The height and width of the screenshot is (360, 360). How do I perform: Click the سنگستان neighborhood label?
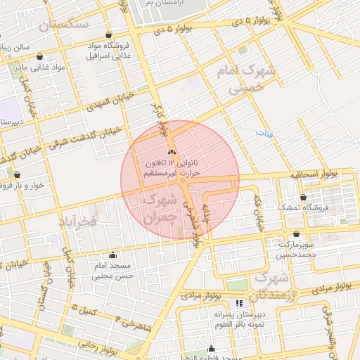pos(64,25)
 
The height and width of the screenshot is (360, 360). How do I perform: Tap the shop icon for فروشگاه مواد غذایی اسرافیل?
pos(108,34)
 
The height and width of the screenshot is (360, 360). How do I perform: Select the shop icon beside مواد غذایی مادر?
pos(41,56)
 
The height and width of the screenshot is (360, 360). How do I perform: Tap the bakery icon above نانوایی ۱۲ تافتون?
pos(171,152)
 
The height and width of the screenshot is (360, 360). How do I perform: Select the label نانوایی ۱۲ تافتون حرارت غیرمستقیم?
pos(172,167)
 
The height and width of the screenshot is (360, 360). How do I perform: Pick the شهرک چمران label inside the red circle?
pos(158,209)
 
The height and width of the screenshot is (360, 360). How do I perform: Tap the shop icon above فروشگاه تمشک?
pos(303,198)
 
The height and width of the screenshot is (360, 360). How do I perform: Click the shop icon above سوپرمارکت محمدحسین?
pos(296,234)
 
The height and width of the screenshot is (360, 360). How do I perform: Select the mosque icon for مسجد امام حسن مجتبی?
pos(112,255)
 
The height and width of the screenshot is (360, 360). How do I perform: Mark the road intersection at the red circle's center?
pos(181,180)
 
